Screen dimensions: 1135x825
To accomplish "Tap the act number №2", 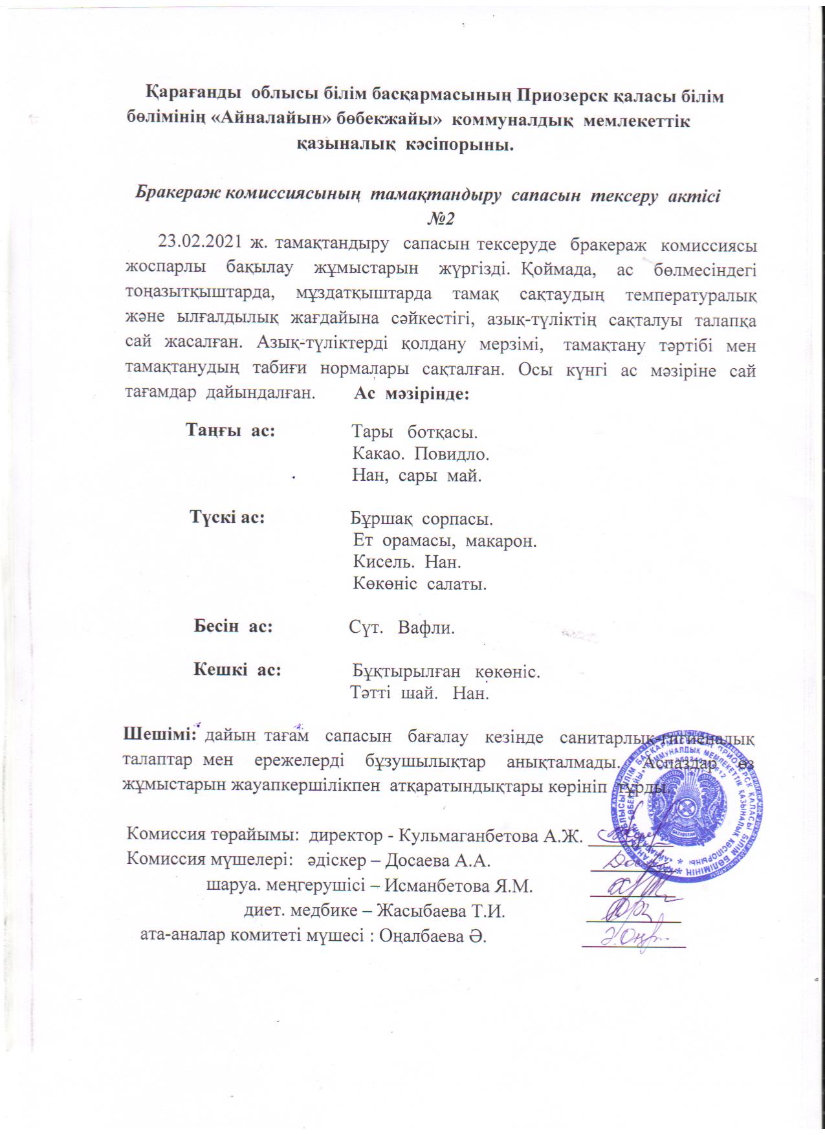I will (x=440, y=219).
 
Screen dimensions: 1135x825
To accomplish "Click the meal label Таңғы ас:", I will (x=230, y=430).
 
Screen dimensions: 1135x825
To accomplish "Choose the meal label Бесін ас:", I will (x=233, y=626).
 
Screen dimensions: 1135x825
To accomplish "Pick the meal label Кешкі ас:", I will (x=237, y=670).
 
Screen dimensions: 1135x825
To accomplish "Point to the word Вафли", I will (x=426, y=627).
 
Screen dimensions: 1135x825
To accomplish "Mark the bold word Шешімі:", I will (x=159, y=734).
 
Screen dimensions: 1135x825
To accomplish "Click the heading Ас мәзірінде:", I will (x=411, y=394).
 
